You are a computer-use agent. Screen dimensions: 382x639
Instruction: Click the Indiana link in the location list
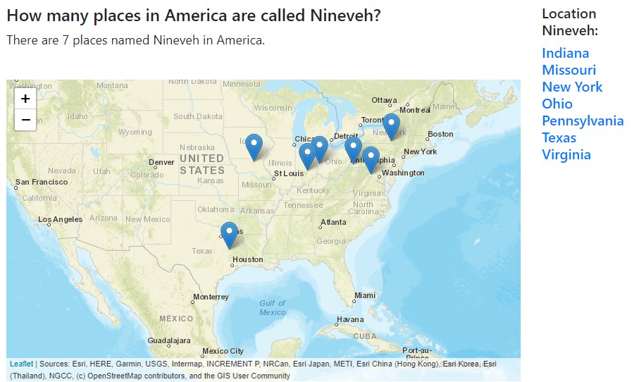coord(565,53)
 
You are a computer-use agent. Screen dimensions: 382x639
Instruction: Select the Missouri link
coord(569,70)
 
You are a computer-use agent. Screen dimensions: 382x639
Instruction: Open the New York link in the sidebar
coord(572,87)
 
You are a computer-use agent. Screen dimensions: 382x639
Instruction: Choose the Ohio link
coord(557,104)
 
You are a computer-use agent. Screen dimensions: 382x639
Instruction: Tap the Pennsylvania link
coord(583,121)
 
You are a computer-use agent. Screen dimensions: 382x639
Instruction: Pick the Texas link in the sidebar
coord(559,137)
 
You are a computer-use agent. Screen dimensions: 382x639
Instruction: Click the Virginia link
coord(566,154)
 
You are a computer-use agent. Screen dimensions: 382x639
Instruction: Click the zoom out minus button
coord(25,120)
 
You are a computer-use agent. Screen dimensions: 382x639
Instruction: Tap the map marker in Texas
coord(229,235)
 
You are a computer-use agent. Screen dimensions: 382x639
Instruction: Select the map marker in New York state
coord(391,126)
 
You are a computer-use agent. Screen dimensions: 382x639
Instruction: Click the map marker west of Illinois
coord(254,147)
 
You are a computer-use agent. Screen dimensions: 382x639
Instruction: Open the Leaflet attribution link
coord(21,364)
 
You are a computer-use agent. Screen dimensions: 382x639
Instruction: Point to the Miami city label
coord(365,295)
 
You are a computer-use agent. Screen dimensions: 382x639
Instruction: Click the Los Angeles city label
coord(60,219)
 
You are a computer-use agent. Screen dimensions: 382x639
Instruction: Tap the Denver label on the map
coord(161,162)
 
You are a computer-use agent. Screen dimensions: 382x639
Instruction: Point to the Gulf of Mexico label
coord(272,307)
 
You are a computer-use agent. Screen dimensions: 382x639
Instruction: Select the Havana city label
coord(349,319)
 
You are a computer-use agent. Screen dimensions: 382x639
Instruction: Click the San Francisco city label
coord(42,182)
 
